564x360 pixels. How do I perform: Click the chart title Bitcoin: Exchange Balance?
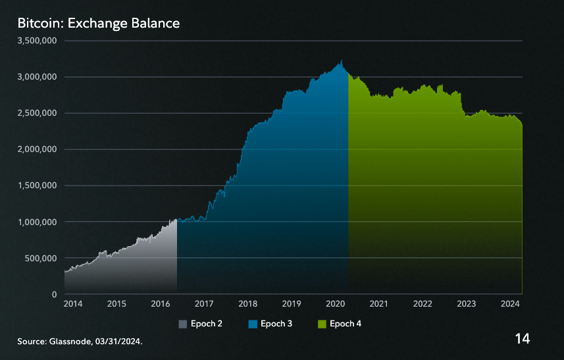pos(99,24)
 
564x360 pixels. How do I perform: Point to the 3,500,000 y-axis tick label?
pos(38,41)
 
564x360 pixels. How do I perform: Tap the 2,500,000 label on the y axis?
pos(38,113)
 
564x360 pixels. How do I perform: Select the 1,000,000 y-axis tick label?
pos(38,222)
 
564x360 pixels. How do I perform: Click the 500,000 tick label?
pos(41,258)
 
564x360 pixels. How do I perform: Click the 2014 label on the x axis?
pos(73,304)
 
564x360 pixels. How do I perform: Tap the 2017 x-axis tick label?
pos(204,304)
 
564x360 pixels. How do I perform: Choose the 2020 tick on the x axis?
pos(335,304)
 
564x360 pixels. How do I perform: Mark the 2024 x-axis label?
pos(509,304)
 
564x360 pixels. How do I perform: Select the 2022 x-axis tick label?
pos(423,304)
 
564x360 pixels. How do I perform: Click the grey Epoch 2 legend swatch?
pos(183,324)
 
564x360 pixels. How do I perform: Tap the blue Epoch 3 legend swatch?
pos(252,324)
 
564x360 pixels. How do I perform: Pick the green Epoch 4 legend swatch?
pos(321,324)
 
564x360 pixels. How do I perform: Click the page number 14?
pos(523,339)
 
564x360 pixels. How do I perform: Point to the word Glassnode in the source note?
pos(68,342)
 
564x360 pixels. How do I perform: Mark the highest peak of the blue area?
pos(341,61)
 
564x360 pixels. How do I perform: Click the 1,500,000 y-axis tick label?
pos(38,186)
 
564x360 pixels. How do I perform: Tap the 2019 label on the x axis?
pos(292,304)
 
